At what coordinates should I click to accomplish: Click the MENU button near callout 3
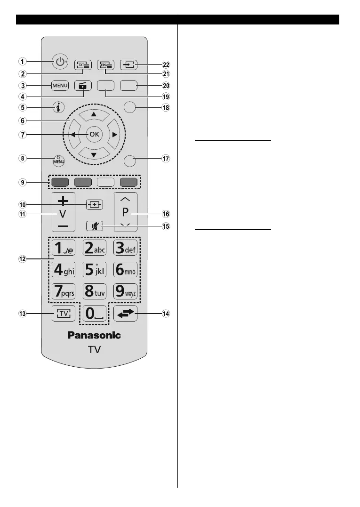[60, 86]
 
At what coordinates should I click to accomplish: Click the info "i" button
[59, 108]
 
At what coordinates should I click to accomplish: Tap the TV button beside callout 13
[60, 314]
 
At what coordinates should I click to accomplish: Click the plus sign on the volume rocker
[64, 200]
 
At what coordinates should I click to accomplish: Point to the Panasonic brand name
[94, 335]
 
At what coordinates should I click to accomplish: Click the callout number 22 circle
[166, 64]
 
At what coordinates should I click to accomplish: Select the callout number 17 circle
[166, 159]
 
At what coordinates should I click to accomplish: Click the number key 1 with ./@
[64, 248]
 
